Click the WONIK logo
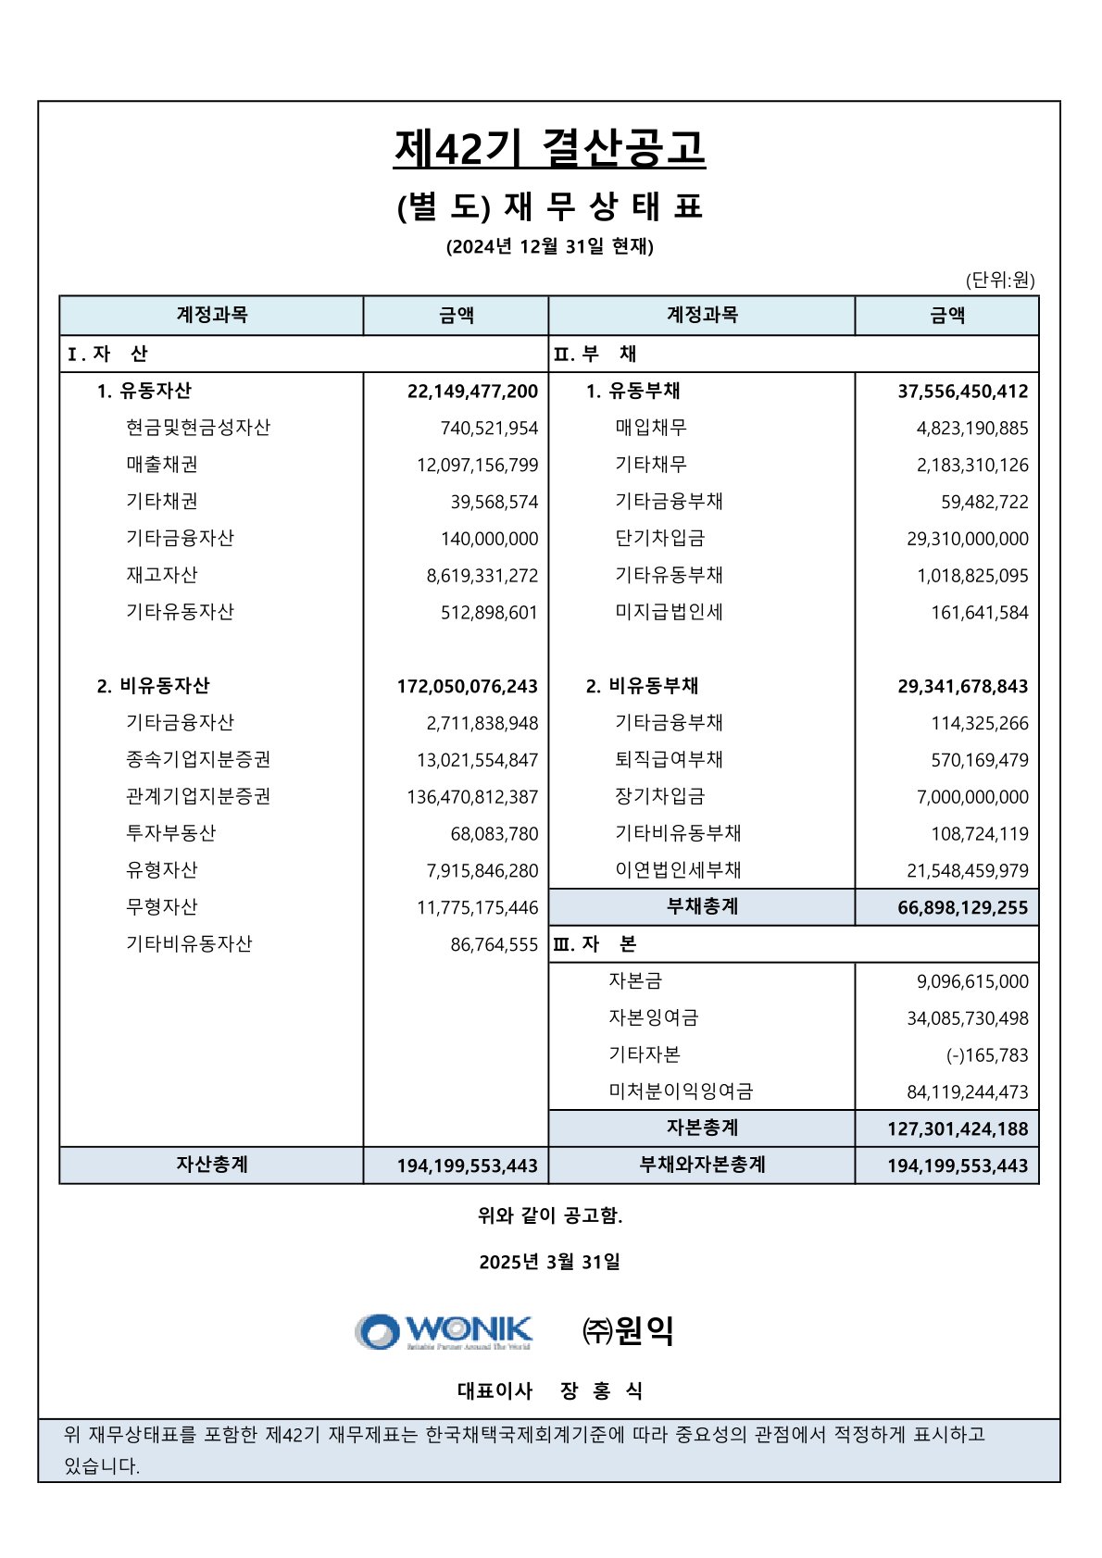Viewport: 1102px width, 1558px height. point(445,1331)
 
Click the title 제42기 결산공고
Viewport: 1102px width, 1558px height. point(549,149)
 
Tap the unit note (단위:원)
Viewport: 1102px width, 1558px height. point(999,280)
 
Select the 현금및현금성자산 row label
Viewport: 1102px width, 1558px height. point(198,428)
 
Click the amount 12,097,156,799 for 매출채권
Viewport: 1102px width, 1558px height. point(477,465)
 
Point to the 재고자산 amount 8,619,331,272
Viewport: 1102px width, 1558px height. point(482,576)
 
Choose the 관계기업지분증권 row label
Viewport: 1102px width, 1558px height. point(198,796)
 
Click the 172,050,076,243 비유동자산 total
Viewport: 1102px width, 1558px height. point(468,686)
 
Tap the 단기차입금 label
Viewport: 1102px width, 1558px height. point(659,538)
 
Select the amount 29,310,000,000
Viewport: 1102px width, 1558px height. point(967,539)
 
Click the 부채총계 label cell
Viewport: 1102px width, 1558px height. point(702,907)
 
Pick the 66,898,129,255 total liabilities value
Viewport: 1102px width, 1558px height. point(962,908)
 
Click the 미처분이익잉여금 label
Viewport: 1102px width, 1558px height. point(681,1091)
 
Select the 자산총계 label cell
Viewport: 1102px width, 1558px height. point(212,1165)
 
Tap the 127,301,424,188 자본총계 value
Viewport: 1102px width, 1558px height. point(957,1129)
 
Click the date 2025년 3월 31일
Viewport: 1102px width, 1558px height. point(549,1262)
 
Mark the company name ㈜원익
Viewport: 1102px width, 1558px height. point(627,1331)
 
